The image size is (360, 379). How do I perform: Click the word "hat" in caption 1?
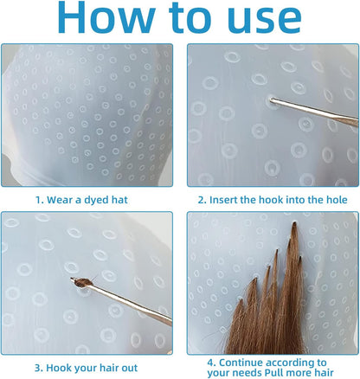tap(119, 200)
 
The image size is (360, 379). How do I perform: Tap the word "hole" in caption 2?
tap(337, 200)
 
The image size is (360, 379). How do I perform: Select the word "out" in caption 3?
tap(130, 369)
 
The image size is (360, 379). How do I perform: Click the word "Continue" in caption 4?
tap(241, 363)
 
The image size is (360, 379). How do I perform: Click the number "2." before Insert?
tap(202, 200)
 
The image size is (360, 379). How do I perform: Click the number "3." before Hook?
tap(39, 368)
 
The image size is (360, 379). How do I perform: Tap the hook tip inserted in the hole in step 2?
tap(271, 100)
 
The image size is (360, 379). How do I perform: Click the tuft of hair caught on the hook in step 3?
tap(83, 281)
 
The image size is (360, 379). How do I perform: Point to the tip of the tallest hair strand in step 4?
tap(294, 222)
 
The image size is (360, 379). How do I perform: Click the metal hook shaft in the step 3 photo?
tap(128, 302)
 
